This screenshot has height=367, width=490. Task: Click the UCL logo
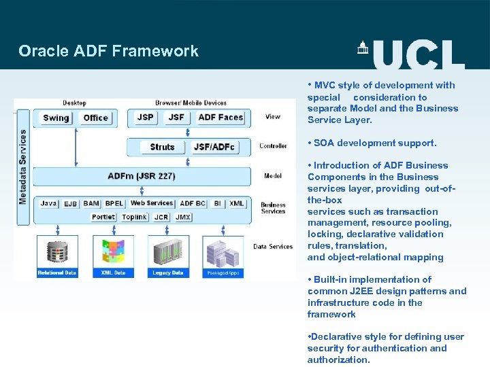pyautogui.click(x=410, y=53)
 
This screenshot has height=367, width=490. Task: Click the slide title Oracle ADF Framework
pyautogui.click(x=108, y=51)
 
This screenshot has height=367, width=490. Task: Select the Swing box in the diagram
pyautogui.click(x=56, y=118)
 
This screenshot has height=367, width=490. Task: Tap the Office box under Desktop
pyautogui.click(x=95, y=118)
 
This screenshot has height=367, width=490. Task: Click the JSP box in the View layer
pyautogui.click(x=145, y=117)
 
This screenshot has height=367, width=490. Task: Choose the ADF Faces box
pyautogui.click(x=220, y=117)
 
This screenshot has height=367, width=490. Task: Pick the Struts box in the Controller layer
pyautogui.click(x=162, y=147)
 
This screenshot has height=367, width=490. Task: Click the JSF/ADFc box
pyautogui.click(x=214, y=147)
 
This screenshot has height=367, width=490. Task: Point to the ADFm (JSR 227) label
pyautogui.click(x=141, y=176)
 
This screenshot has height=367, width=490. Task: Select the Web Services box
pyautogui.click(x=152, y=203)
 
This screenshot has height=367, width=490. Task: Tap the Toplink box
pyautogui.click(x=134, y=217)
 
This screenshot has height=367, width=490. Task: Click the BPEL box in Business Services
pyautogui.click(x=114, y=203)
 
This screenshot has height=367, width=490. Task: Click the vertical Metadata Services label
pyautogui.click(x=22, y=167)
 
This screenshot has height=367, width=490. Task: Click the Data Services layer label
pyautogui.click(x=273, y=247)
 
